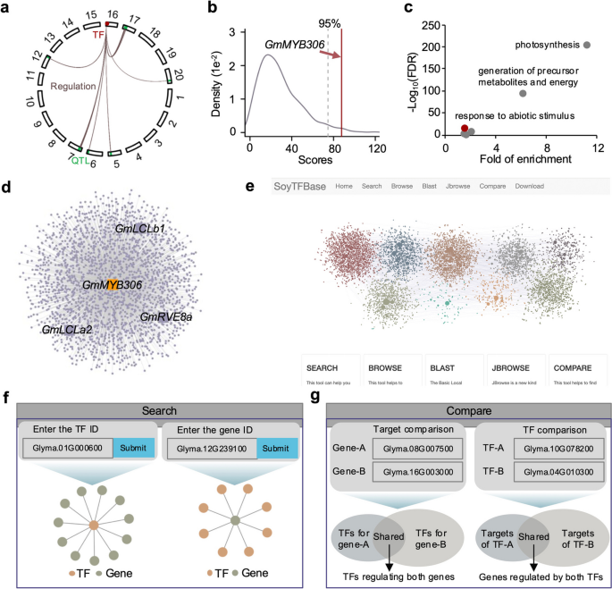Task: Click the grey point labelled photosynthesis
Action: [587, 45]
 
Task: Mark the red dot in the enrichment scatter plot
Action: [465, 129]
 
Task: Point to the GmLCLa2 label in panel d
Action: [67, 330]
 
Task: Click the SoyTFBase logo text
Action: [297, 186]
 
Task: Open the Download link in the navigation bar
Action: [529, 186]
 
